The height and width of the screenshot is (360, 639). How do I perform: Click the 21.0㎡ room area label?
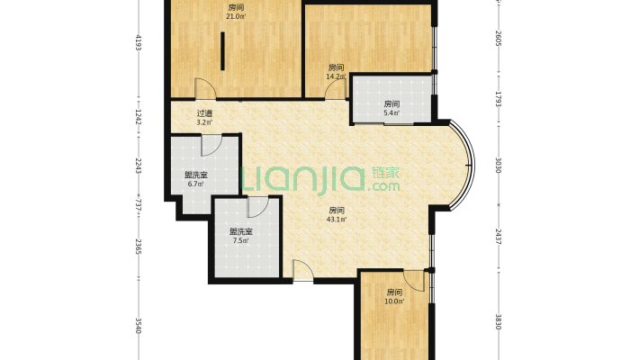(237, 17)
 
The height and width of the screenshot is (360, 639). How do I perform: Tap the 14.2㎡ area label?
(336, 76)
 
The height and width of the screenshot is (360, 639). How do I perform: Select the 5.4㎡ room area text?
(391, 112)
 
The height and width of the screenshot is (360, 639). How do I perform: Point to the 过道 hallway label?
(204, 113)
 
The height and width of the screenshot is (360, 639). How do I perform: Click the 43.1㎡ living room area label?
(337, 220)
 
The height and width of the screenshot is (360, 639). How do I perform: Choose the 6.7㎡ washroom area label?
(195, 184)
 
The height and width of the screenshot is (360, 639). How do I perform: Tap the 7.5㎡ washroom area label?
(240, 240)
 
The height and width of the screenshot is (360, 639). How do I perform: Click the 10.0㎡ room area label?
(394, 301)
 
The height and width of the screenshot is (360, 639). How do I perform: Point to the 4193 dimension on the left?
(139, 42)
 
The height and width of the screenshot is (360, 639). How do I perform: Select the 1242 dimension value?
(139, 117)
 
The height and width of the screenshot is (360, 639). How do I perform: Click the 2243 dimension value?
(139, 166)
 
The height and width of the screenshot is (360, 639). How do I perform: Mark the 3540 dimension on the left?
(139, 326)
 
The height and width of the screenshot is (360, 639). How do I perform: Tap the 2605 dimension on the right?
(498, 38)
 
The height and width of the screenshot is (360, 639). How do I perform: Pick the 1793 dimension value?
(498, 99)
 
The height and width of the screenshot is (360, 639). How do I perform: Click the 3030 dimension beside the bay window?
(498, 165)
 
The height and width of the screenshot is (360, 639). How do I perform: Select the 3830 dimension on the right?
(498, 321)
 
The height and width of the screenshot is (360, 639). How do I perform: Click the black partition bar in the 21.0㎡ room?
(223, 51)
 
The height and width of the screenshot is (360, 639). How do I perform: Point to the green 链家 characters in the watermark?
(386, 173)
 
